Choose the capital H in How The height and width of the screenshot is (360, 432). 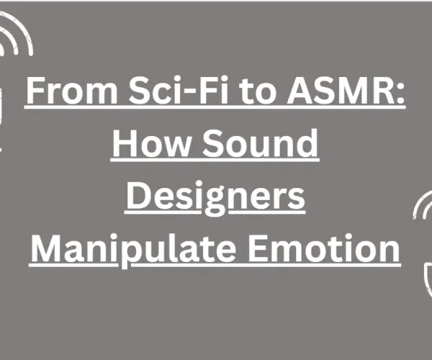tap(124, 145)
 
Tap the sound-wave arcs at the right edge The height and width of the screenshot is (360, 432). tap(423, 216)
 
